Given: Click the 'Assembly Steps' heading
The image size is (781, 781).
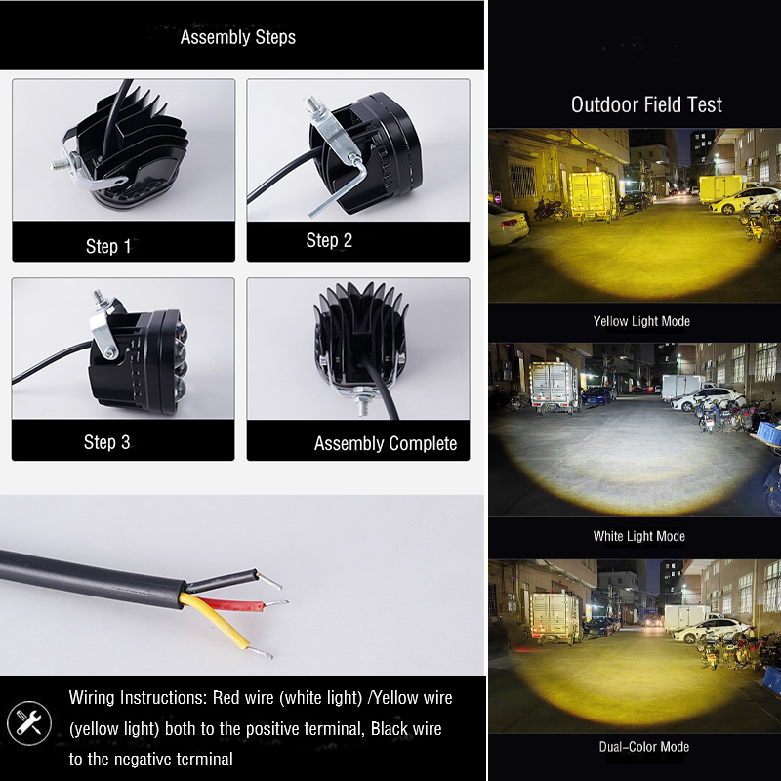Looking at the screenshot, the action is [237, 37].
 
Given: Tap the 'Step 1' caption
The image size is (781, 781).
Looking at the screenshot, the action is [108, 246].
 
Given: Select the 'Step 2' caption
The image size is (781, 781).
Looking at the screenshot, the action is [329, 240].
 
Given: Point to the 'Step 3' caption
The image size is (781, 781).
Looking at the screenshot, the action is [106, 442].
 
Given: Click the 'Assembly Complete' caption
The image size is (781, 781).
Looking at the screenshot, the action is [386, 443].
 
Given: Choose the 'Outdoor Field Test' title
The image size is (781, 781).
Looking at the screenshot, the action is [646, 104].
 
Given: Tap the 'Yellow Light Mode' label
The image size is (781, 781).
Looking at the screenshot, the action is [641, 321].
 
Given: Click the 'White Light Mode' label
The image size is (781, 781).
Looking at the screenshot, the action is [639, 536].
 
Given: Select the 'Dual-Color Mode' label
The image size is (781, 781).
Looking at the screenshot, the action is [644, 747].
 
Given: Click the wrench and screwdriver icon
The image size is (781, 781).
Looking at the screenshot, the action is [29, 723].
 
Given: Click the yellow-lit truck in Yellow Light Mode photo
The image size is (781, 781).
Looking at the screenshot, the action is [593, 194].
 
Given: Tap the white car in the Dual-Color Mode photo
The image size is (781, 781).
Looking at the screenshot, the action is [712, 631].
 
